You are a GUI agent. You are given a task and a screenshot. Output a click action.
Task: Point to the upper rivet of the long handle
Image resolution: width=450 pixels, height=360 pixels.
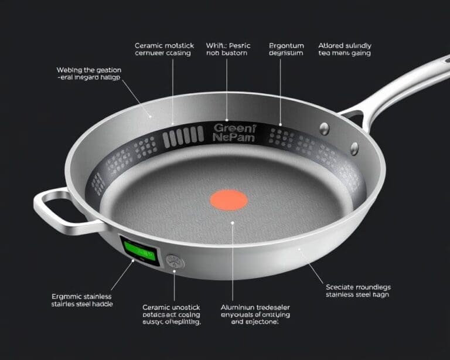[325, 128]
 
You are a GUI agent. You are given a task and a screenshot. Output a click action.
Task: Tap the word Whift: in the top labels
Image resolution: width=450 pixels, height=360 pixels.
[217, 45]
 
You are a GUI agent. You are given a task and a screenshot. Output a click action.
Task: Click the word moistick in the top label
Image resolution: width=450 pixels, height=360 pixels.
[183, 45]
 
